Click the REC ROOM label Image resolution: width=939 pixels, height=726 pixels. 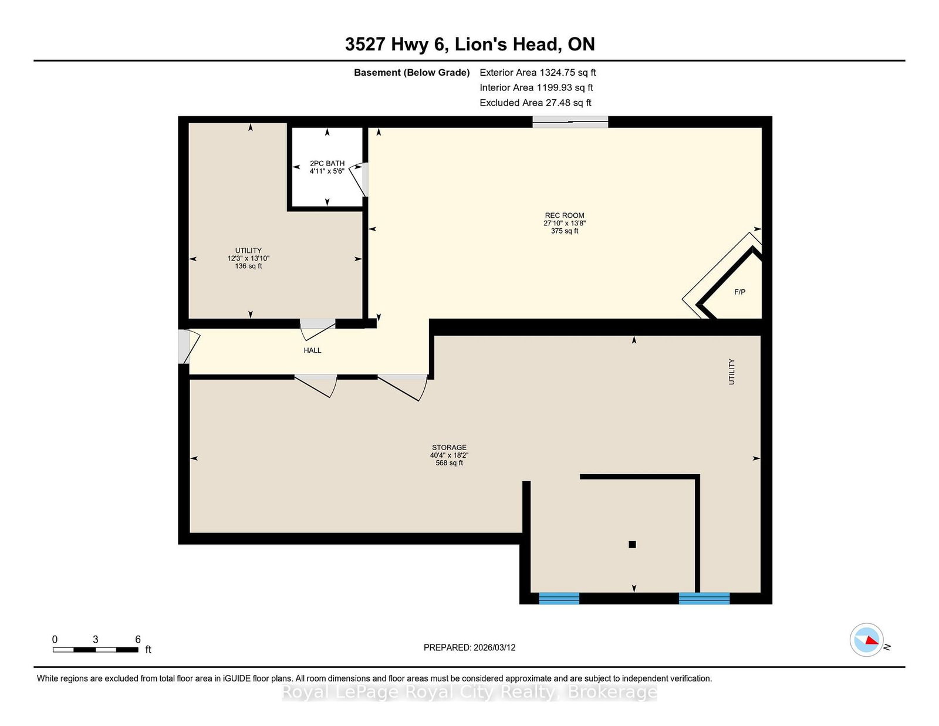pos(565,215)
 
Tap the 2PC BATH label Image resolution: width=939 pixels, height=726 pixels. pos(327,163)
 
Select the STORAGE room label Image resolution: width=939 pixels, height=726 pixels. pos(449,447)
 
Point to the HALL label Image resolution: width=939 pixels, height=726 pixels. pos(312,350)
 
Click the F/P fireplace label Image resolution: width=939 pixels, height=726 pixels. pos(740,292)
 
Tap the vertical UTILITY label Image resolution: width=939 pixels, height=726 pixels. pos(732,372)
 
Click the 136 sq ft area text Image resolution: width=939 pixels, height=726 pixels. pos(248,266)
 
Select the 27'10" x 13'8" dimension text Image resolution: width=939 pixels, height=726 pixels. pos(565,224)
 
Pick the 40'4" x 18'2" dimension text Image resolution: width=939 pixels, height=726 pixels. pos(449,455)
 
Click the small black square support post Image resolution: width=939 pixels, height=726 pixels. pos(632,545)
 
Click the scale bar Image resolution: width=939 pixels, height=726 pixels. pos(96,650)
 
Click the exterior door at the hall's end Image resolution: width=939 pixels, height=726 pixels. pos(184,347)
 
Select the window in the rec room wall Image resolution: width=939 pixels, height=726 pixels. pos(570,122)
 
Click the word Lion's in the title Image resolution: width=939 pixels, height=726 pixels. pos(480,44)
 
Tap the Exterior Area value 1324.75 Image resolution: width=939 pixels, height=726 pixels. pos(557,73)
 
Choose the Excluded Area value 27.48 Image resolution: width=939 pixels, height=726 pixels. pos(558,103)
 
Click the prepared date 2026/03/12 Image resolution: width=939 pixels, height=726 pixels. pos(494,647)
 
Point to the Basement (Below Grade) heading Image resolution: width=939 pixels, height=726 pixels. pos(412,73)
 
